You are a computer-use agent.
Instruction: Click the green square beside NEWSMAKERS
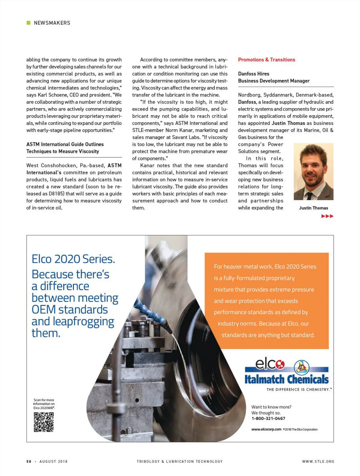[x=28, y=23]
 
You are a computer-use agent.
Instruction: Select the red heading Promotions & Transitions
[x=266, y=60]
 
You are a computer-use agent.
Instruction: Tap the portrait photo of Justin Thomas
[x=313, y=171]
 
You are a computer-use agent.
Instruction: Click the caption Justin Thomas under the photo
[x=313, y=208]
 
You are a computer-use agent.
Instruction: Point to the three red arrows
[x=327, y=216]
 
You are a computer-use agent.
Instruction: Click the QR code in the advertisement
[x=44, y=422]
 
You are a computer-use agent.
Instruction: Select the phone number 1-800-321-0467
[x=268, y=418]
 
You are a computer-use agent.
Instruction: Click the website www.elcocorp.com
[x=266, y=429]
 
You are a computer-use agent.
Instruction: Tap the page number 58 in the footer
[x=29, y=462]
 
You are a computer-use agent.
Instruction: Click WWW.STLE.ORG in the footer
[x=318, y=462]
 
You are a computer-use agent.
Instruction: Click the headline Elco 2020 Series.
[x=73, y=259]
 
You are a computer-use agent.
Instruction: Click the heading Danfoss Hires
[x=253, y=74]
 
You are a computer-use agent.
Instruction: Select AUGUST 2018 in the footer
[x=53, y=462]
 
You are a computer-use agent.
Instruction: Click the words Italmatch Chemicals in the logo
[x=286, y=379]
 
